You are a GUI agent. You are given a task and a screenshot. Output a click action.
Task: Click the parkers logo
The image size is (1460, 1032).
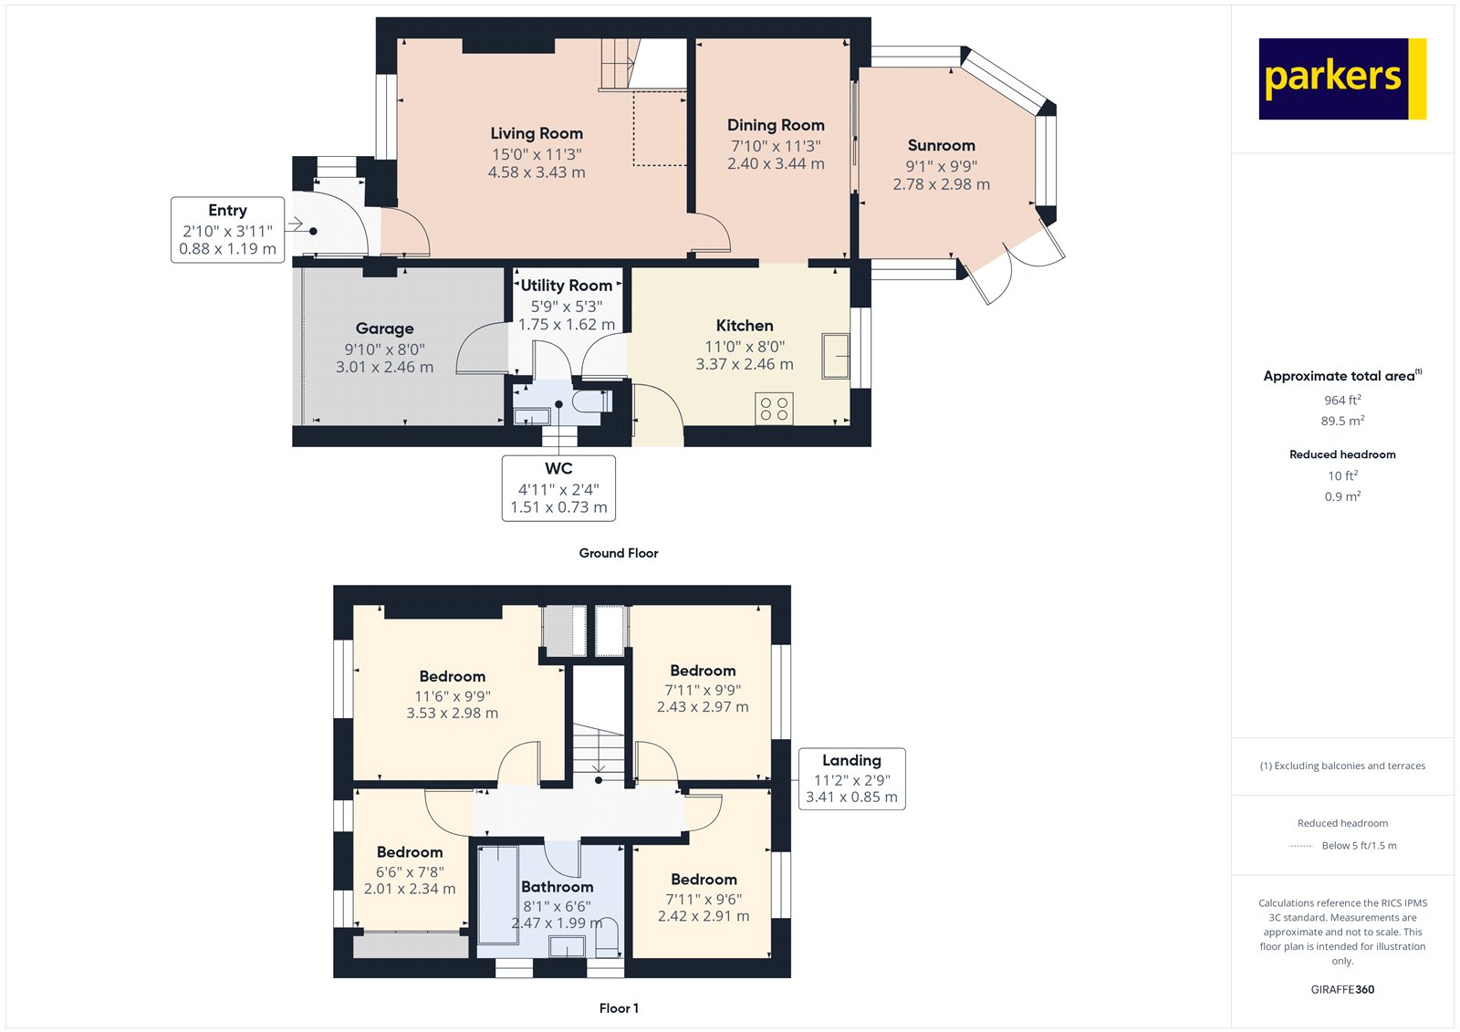[1341, 78]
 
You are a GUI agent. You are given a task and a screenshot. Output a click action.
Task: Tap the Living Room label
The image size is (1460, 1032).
[537, 133]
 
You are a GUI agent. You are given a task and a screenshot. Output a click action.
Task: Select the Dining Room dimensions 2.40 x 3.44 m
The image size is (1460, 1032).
[776, 164]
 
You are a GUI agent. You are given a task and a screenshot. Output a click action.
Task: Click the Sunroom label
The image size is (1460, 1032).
[941, 145]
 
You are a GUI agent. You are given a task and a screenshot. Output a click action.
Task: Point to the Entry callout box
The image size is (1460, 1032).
[227, 229]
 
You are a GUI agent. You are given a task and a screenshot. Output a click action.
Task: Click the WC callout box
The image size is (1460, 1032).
[558, 488]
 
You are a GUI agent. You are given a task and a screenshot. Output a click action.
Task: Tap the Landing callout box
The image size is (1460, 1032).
[851, 778]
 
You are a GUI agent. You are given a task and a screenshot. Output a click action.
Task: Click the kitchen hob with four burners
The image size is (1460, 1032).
[774, 408]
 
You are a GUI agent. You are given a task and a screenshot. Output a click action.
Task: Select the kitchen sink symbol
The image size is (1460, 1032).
[835, 356]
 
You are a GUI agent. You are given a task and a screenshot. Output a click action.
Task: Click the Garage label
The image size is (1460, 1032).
[384, 328]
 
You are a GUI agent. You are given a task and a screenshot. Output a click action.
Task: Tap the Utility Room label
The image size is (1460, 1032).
[566, 286]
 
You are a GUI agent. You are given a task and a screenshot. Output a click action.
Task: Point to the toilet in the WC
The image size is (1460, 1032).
[589, 401]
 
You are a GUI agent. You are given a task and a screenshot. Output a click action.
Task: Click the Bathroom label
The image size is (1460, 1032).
[557, 887]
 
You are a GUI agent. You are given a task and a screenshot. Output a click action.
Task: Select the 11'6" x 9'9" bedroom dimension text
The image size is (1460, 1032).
[453, 695]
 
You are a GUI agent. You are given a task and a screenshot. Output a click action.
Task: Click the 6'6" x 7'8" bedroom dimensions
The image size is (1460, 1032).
[410, 871]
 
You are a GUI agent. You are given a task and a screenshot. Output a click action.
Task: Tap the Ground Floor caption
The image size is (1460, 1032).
[618, 553]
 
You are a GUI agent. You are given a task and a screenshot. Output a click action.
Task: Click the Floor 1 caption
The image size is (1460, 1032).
[619, 1008]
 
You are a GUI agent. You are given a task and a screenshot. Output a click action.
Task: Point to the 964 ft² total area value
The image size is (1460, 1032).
[1342, 401]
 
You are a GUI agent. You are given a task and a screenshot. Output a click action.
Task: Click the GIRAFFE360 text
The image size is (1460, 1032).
[1342, 989]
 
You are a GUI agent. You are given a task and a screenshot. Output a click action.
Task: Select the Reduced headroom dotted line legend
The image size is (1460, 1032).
[1301, 846]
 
